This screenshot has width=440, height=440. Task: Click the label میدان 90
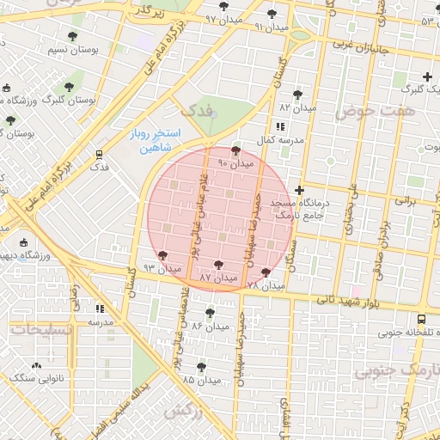[x=236, y=163]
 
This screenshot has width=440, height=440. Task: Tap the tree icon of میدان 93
[x=163, y=255]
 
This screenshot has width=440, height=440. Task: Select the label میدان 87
[x=218, y=278]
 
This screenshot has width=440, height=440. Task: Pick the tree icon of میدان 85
[x=201, y=366]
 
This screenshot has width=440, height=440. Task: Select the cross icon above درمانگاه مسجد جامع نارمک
[x=299, y=190]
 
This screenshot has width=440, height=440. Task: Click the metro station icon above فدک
[x=99, y=156]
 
